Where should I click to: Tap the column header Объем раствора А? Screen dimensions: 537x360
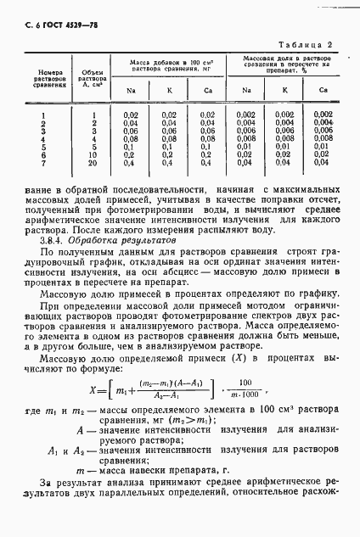click(x=95, y=79)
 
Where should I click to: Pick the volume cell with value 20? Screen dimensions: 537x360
click(x=95, y=162)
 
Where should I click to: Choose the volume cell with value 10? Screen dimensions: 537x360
click(x=95, y=154)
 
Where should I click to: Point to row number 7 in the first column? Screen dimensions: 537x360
click(x=43, y=162)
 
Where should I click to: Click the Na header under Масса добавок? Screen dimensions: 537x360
click(x=132, y=89)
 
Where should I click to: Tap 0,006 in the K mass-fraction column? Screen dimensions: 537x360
click(x=284, y=130)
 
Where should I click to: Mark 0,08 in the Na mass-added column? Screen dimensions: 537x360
click(x=131, y=138)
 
